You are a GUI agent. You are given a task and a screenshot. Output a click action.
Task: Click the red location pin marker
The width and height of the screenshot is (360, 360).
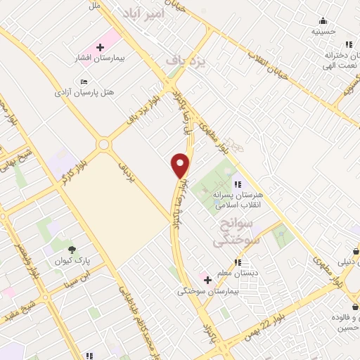181,165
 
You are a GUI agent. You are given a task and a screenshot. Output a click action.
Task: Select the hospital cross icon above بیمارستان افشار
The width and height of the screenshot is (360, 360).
100,47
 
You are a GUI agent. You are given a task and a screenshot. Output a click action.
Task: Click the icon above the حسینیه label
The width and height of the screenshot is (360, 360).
323,20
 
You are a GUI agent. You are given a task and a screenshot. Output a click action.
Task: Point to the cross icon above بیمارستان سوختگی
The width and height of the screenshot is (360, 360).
207,278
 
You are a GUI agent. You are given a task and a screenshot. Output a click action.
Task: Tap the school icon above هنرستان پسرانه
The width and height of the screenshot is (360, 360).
237,184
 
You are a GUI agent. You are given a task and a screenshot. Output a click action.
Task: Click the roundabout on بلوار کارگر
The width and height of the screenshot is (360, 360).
104,144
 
